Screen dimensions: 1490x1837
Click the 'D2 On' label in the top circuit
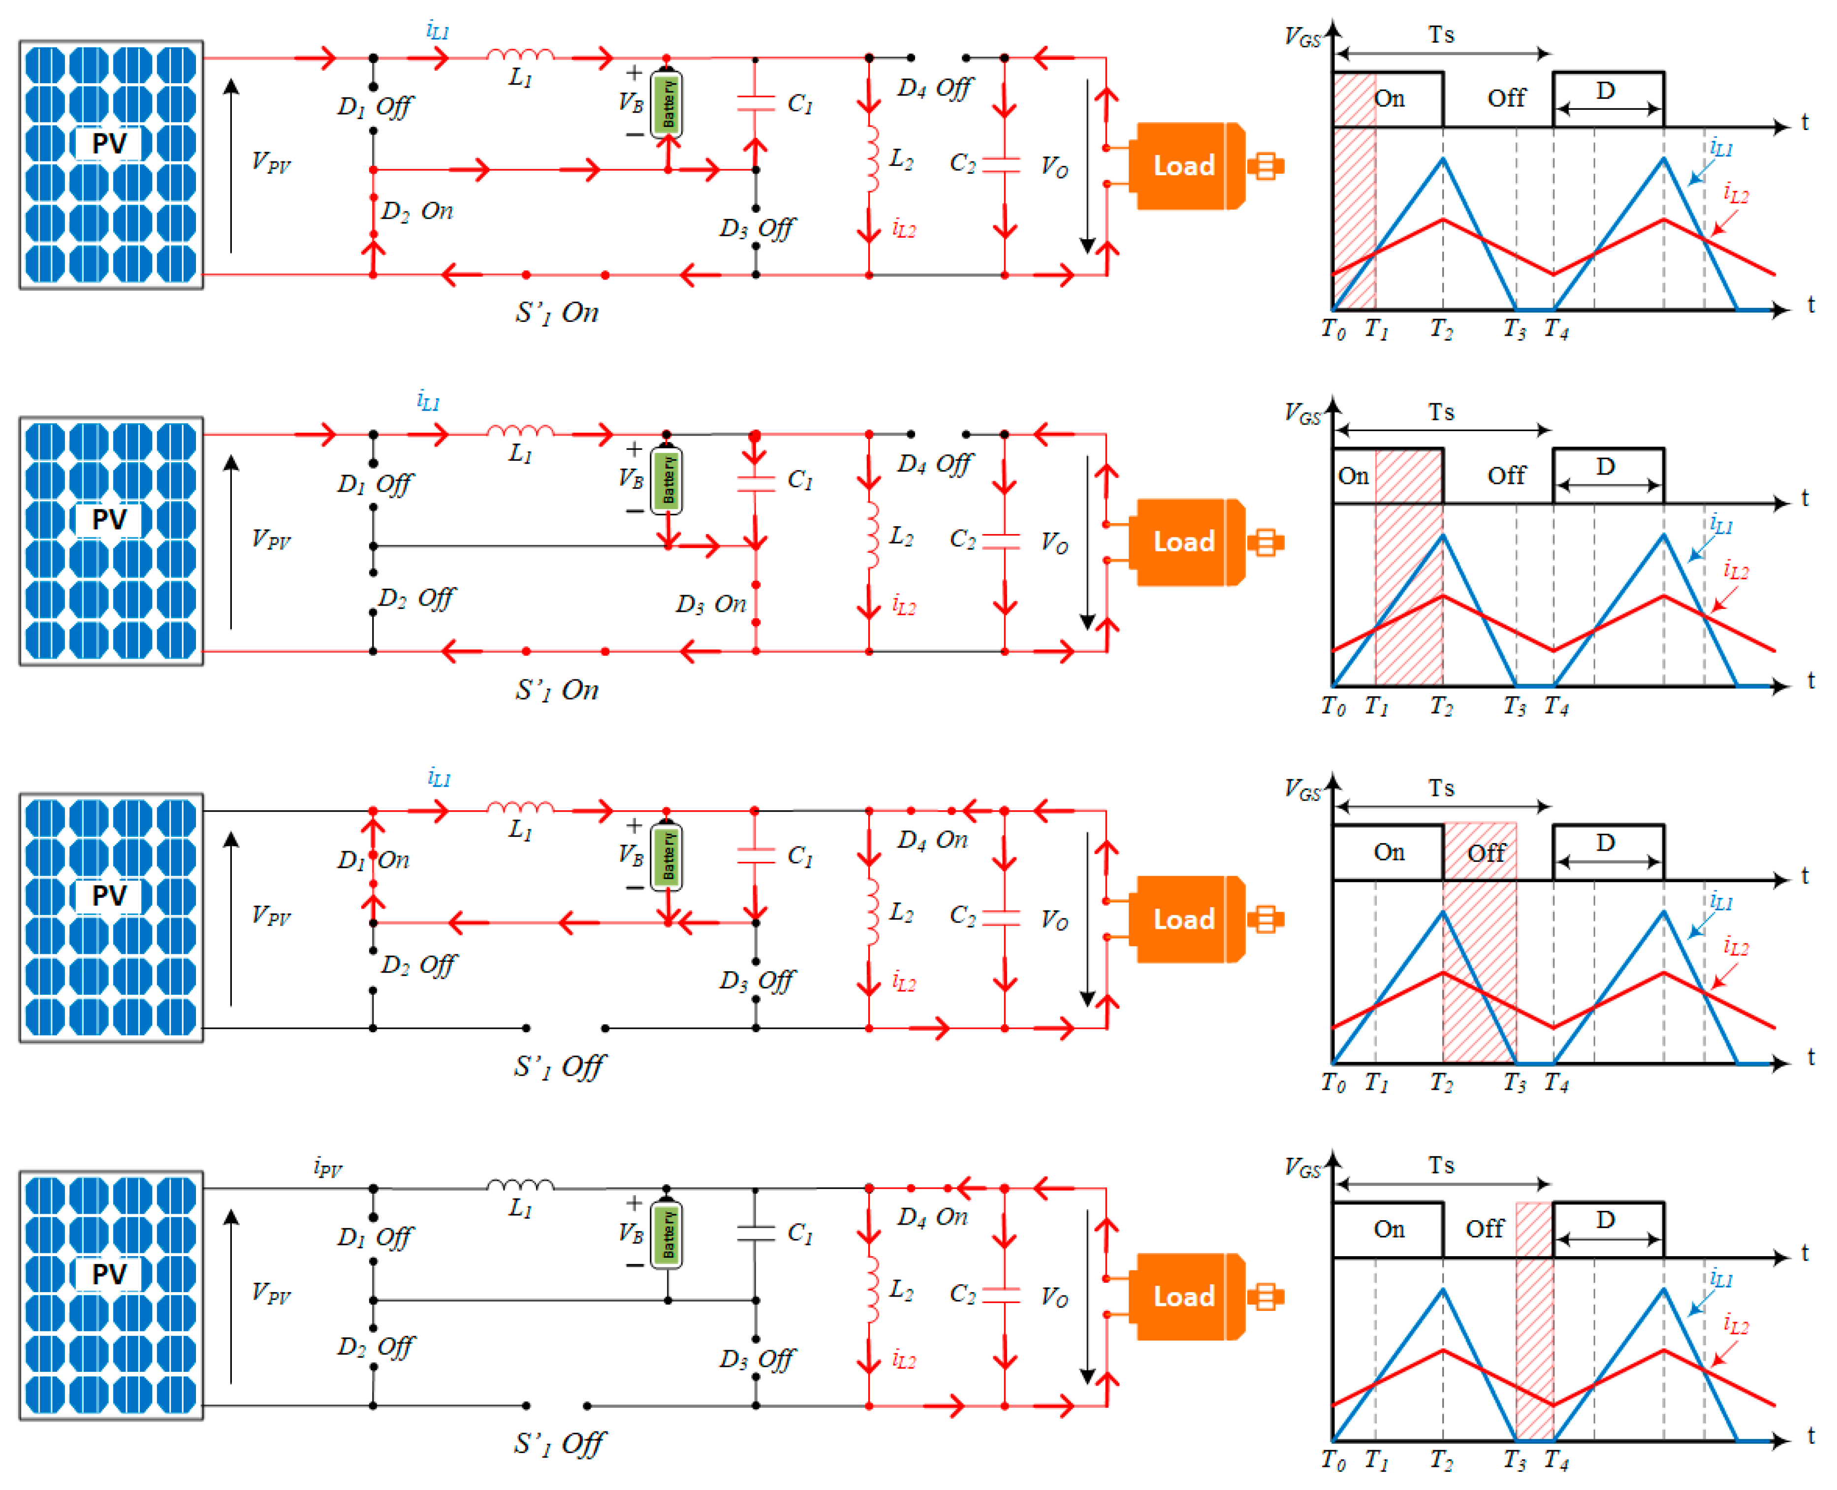click(x=417, y=211)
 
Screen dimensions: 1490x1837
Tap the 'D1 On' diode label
click(x=374, y=860)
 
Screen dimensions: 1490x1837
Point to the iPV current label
click(x=328, y=1167)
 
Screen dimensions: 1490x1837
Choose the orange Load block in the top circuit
click(x=1185, y=166)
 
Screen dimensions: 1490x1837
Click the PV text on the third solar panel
click(x=109, y=895)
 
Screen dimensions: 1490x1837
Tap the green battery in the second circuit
click(x=667, y=480)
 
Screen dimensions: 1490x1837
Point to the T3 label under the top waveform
click(x=1515, y=329)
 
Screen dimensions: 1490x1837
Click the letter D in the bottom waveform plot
click(x=1605, y=1220)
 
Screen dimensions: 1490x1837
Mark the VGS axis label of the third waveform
click(x=1302, y=790)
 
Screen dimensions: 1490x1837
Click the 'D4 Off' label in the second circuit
click(x=935, y=464)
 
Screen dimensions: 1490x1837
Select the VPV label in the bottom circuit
click(x=271, y=1293)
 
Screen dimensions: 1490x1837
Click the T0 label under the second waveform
click(x=1333, y=706)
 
